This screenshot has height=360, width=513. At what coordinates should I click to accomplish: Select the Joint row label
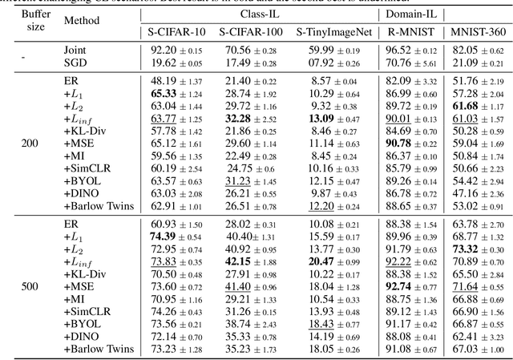(x=76, y=50)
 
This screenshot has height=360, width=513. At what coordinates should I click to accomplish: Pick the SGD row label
(x=76, y=62)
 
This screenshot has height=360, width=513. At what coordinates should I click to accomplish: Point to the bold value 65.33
(x=164, y=94)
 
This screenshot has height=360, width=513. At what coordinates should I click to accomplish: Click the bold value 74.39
(x=164, y=238)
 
